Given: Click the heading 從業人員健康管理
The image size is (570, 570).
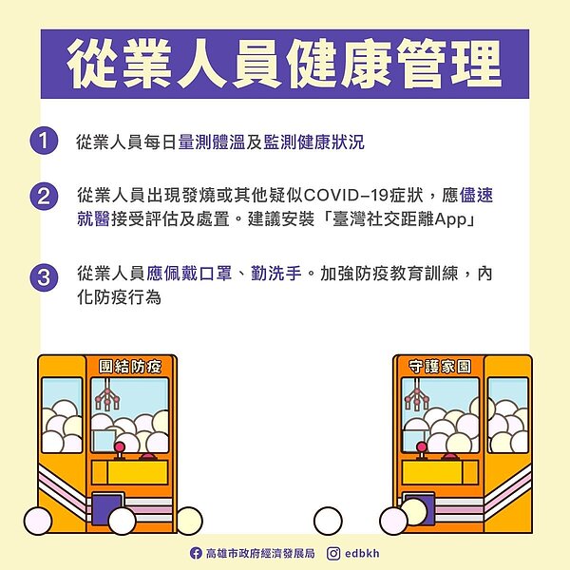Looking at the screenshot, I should point(284,65).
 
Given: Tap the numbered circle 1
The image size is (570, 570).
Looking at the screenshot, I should point(44,143).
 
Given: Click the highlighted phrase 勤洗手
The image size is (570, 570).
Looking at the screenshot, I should point(276,275).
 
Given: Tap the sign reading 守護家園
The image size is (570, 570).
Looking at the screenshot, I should point(439,366).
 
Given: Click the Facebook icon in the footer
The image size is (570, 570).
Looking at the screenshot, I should point(196,553).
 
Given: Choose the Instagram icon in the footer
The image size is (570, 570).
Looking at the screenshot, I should point(333,553).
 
